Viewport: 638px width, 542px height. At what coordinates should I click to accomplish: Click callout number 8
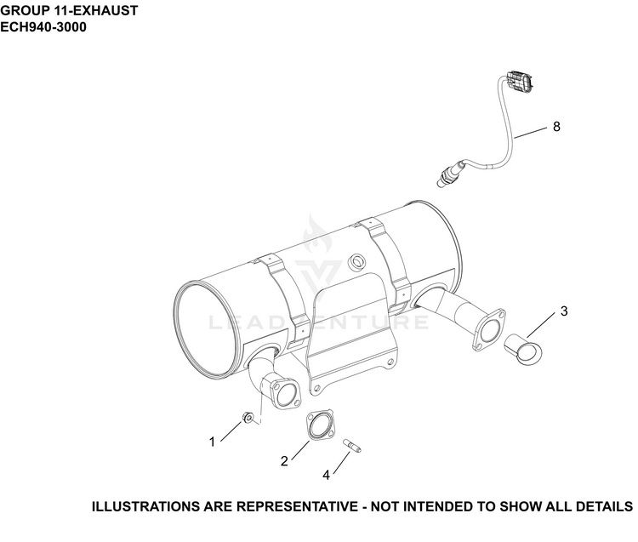[x=556, y=127]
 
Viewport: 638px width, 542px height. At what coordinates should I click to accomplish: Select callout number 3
[x=563, y=311]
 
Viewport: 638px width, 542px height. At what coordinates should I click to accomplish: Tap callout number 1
[x=212, y=442]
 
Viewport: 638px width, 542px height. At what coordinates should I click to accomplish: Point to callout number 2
[x=284, y=461]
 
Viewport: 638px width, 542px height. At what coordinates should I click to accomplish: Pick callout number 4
[x=327, y=475]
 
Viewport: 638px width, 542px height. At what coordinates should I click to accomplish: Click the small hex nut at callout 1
[x=248, y=417]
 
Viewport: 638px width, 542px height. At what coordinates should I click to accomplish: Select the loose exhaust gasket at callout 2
[x=320, y=425]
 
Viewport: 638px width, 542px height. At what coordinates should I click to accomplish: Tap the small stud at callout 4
[x=352, y=445]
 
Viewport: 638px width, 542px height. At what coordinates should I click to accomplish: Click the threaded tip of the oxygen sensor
[x=441, y=183]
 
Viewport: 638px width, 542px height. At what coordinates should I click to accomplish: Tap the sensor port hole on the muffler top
[x=358, y=260]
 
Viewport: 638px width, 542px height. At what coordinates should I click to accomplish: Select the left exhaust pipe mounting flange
[x=285, y=393]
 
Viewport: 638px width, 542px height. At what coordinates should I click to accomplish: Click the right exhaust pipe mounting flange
[x=488, y=329]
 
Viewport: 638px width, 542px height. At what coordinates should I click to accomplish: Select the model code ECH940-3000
[x=43, y=27]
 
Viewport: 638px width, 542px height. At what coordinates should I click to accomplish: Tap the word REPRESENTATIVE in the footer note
[x=297, y=506]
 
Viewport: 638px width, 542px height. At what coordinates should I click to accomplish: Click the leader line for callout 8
[x=531, y=133]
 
